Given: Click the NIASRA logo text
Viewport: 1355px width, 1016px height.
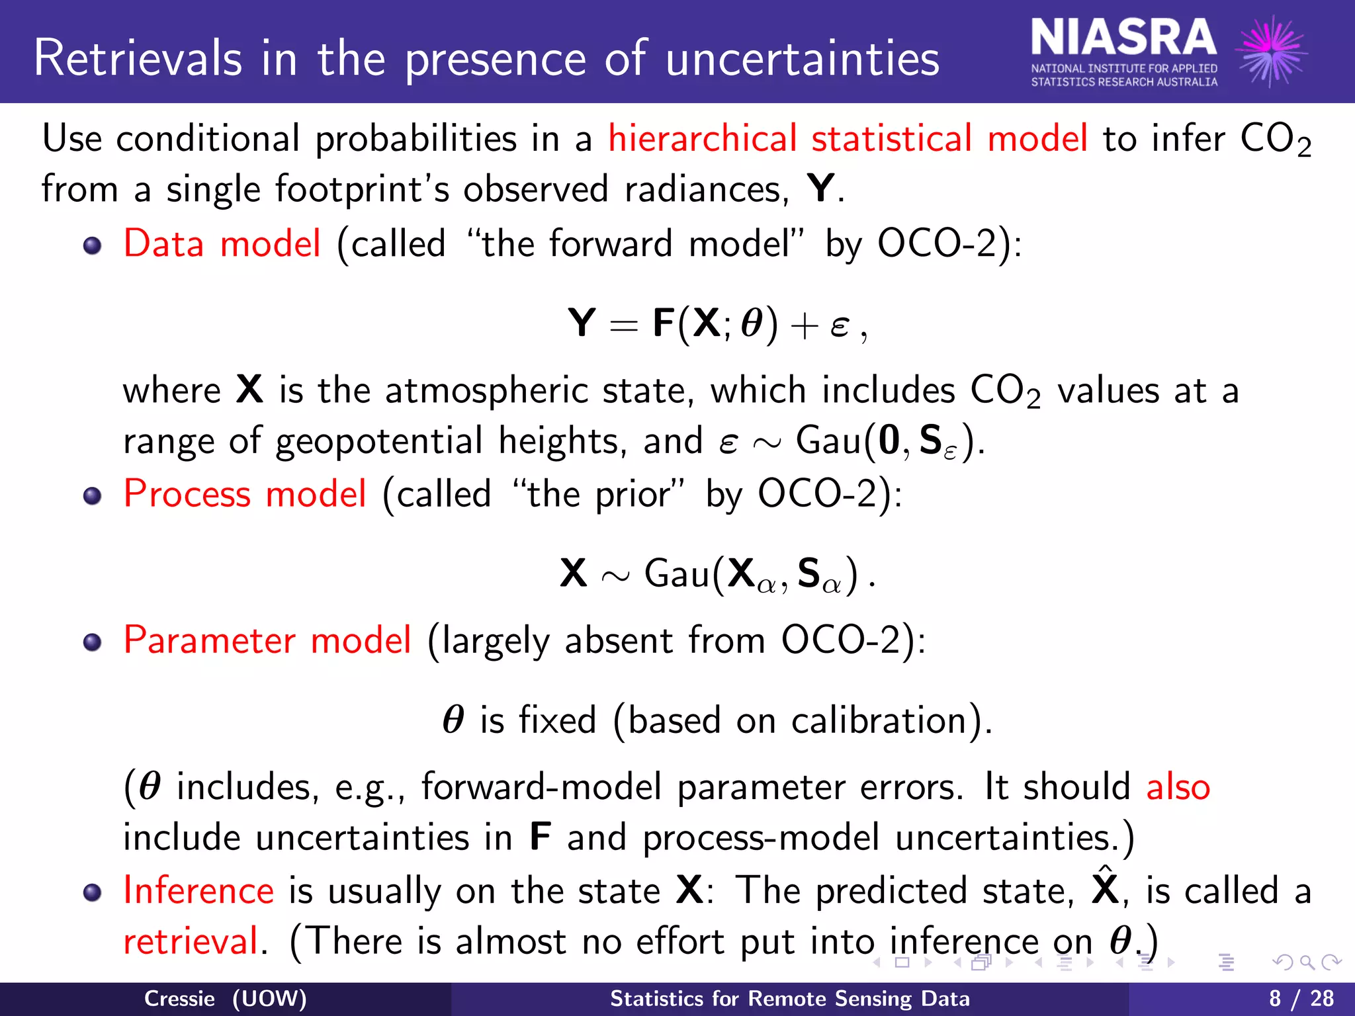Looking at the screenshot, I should pyautogui.click(x=1123, y=38).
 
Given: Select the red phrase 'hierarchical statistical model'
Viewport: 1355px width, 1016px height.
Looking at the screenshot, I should pyautogui.click(x=848, y=139).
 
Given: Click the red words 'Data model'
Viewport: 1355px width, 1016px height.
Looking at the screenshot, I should pyautogui.click(x=222, y=243).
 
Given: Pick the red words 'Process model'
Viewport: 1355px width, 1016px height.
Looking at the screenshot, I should pyautogui.click(x=245, y=493).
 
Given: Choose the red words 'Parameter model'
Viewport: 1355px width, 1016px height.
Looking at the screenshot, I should pyautogui.click(x=267, y=640).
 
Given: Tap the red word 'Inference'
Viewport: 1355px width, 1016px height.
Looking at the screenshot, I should pyautogui.click(x=198, y=890).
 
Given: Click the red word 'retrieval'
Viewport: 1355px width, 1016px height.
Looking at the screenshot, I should pyautogui.click(x=191, y=941).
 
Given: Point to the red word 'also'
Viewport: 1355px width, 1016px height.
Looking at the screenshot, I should pyautogui.click(x=1178, y=787).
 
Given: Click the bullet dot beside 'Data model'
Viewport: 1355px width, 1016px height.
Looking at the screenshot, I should pyautogui.click(x=93, y=246).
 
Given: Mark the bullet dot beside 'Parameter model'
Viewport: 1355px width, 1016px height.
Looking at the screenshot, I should pyautogui.click(x=93, y=642).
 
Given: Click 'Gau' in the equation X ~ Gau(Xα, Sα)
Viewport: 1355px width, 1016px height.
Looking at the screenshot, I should pyautogui.click(x=677, y=573).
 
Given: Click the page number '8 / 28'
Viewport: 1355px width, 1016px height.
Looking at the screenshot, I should pyautogui.click(x=1301, y=998).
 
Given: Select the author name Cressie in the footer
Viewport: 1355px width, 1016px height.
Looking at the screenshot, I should pyautogui.click(x=179, y=998).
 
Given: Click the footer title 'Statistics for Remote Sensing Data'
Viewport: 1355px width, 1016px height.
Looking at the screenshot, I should pyautogui.click(x=789, y=998).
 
